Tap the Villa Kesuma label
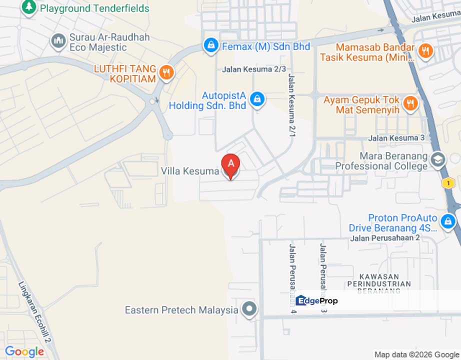click(190, 171)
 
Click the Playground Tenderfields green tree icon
click(29, 7)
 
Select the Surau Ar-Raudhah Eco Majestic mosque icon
click(58, 41)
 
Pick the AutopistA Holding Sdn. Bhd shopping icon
click(257, 98)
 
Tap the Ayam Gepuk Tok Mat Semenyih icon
click(410, 103)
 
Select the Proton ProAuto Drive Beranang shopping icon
click(447, 220)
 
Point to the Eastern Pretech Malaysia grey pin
click(249, 309)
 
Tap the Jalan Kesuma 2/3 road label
click(254, 69)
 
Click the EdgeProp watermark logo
click(316, 300)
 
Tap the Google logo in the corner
click(24, 351)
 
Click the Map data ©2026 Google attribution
click(416, 354)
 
